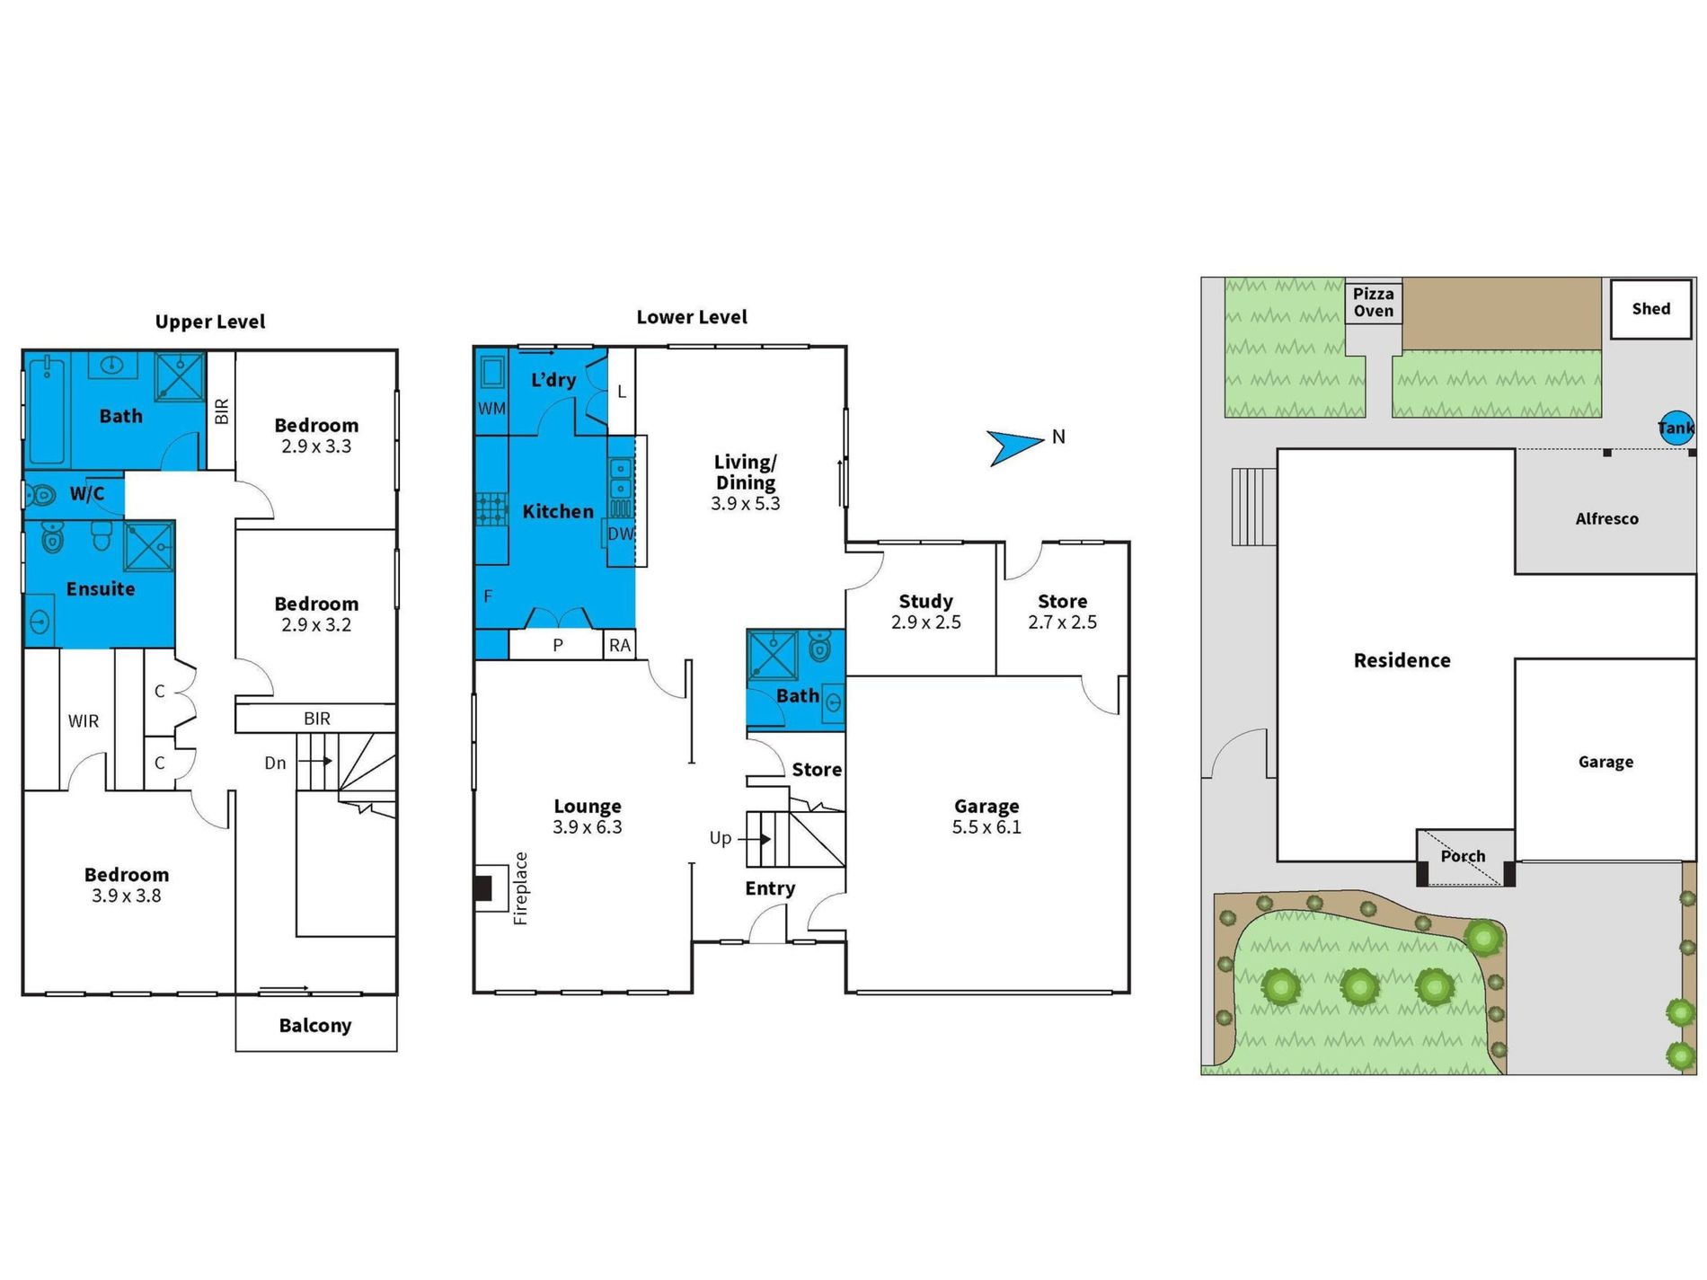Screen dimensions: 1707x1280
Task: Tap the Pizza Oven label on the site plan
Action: click(1374, 303)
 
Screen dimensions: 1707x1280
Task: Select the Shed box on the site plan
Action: click(1650, 309)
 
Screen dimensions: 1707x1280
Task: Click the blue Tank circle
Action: click(1676, 428)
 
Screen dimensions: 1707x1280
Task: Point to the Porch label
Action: click(1463, 856)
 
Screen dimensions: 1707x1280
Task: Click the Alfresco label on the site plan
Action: click(1606, 519)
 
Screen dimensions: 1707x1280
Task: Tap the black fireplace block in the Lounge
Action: click(482, 888)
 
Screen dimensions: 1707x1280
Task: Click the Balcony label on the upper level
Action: click(315, 1026)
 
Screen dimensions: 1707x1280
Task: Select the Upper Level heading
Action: click(210, 322)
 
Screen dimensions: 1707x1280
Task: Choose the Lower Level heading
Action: click(692, 317)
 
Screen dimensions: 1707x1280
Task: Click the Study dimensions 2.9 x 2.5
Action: click(926, 622)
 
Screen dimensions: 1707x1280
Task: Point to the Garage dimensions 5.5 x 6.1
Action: click(986, 827)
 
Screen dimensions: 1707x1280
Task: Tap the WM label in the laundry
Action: click(491, 409)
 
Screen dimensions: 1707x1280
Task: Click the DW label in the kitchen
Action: click(620, 534)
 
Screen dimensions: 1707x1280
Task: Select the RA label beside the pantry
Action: click(620, 645)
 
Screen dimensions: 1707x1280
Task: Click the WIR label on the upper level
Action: click(84, 721)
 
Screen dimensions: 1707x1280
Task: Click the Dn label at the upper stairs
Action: click(275, 763)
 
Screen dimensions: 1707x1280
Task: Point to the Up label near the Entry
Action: click(721, 838)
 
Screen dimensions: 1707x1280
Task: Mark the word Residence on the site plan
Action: click(1402, 661)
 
